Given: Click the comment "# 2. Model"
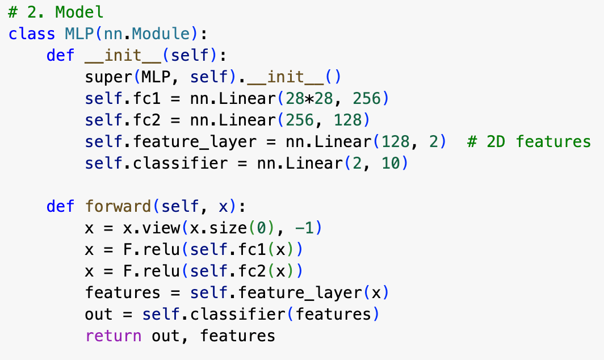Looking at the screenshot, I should click(x=56, y=12).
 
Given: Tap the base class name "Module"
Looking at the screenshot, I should click(x=167, y=34).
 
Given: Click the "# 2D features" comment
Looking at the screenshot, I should click(x=528, y=141).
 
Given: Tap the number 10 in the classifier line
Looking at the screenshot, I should click(x=396, y=164).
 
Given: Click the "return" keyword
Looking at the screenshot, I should click(x=114, y=336).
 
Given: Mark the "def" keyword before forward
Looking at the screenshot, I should click(x=61, y=206).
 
